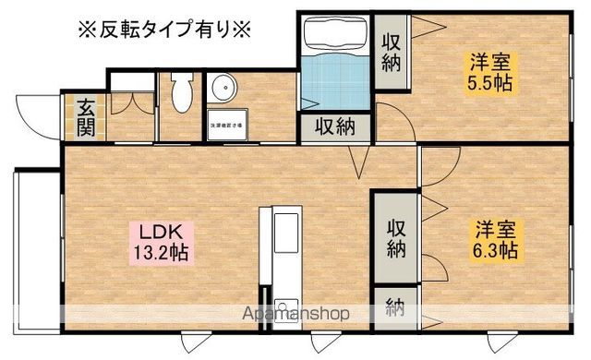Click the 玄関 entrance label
coord(84,114)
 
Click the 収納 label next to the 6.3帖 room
coord(396,237)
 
